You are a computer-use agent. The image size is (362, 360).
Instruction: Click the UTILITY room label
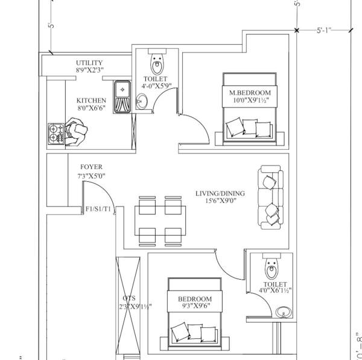click(x=89, y=63)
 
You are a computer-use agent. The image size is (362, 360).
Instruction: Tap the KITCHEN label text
click(x=91, y=100)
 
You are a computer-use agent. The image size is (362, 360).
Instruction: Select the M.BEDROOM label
click(x=250, y=92)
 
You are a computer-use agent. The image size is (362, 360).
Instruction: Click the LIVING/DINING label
click(x=220, y=194)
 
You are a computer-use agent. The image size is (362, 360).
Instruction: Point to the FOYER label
click(x=91, y=167)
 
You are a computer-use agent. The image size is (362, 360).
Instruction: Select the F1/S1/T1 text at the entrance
click(x=98, y=210)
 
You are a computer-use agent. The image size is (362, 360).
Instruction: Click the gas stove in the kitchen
click(x=56, y=133)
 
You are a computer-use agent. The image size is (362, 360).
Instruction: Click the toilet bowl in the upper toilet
click(x=157, y=62)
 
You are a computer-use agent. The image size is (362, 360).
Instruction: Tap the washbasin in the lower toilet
click(x=282, y=312)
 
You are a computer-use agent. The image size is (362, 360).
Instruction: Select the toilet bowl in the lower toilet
click(x=271, y=265)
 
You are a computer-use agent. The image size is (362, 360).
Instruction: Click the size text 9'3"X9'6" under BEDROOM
click(x=194, y=307)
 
